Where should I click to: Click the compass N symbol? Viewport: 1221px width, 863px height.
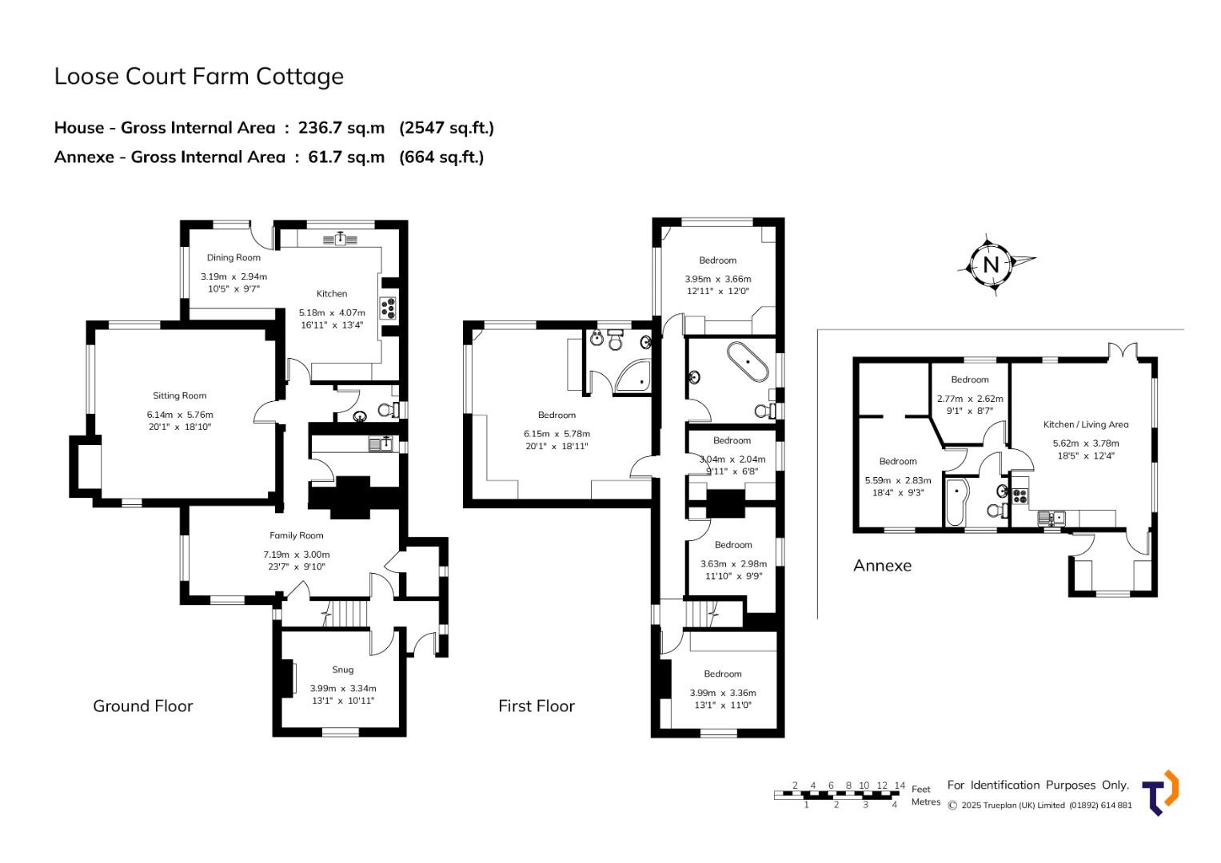pos(991,265)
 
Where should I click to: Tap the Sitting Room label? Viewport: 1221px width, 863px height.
pos(179,396)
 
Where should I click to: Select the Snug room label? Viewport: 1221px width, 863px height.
pos(343,670)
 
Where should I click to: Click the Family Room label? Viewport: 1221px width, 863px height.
pos(297,535)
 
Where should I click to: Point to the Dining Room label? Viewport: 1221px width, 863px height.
pos(233,257)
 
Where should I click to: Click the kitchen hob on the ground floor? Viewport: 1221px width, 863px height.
pos(389,308)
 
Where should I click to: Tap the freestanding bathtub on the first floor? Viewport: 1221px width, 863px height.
pos(748,362)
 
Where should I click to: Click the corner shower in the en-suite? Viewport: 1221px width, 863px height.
pos(632,376)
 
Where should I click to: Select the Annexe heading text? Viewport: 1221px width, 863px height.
pos(882,566)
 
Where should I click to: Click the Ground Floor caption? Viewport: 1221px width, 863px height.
pos(143,706)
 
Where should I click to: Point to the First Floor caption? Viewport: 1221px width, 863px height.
pos(537,706)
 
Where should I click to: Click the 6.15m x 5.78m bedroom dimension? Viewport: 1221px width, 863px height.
pos(557,434)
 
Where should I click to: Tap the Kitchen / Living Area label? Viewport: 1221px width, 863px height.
pos(1086,424)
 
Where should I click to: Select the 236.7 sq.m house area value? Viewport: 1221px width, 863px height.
pos(341,128)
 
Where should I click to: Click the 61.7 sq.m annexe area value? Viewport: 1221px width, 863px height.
pos(346,157)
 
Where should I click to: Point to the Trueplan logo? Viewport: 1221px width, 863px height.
pos(1160,792)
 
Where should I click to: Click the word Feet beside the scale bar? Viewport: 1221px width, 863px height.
pos(920,789)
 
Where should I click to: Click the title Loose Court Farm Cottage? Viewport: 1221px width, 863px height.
pos(199,76)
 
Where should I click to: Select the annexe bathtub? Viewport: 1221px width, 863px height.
pos(956,502)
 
